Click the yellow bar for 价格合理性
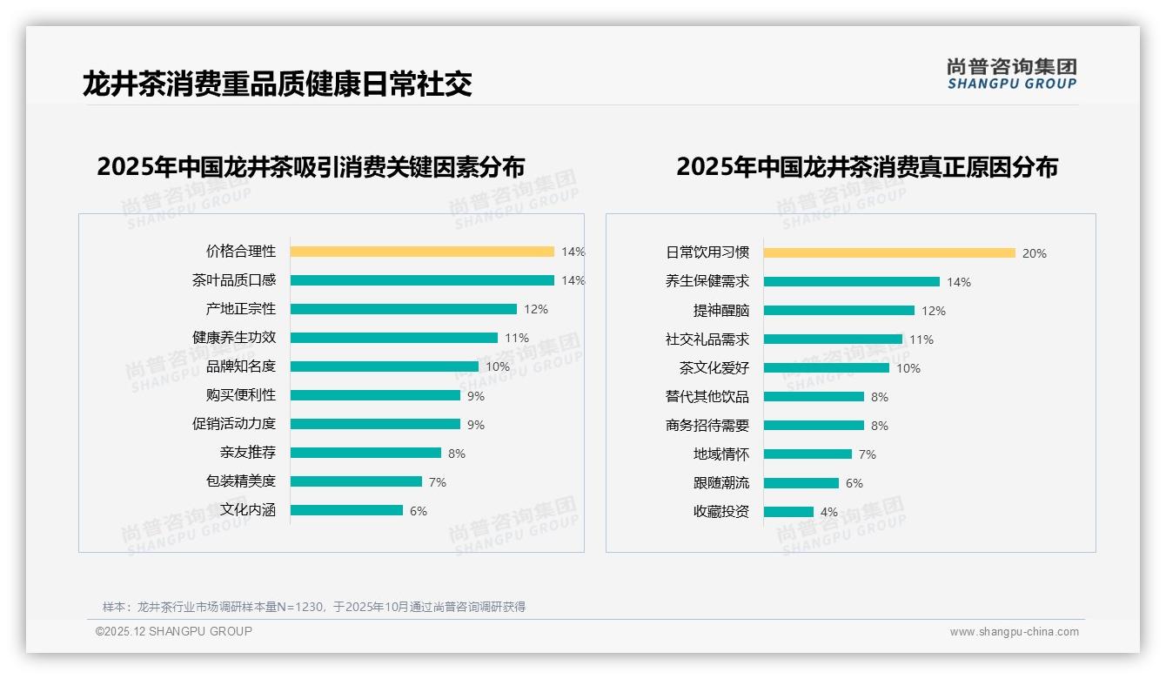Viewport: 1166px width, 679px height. pos(422,252)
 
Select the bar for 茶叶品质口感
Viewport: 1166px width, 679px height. pos(422,280)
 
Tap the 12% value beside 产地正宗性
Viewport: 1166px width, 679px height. pos(535,309)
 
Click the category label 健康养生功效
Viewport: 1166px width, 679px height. pos(234,338)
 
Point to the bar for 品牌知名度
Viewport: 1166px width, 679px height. pos(384,366)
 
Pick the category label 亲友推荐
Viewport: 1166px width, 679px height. pos(248,453)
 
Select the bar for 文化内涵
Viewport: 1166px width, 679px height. pos(346,510)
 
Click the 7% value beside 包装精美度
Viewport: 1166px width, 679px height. pos(437,482)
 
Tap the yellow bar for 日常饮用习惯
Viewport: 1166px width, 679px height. pos(889,253)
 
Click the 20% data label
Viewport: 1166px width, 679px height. pos(1034,253)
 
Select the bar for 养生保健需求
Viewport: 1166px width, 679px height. pos(852,282)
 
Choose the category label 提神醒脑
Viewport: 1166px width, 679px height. pos(721,311)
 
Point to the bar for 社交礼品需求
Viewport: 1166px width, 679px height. pos(833,339)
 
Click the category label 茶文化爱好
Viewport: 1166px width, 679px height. pos(714,368)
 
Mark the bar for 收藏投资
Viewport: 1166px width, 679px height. pos(788,512)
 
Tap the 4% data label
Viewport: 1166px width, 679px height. pos(828,512)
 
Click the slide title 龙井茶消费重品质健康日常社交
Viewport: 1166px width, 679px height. pos(278,84)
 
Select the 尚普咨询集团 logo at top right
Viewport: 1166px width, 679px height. pos(1011,74)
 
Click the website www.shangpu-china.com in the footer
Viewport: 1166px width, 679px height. pos(1014,632)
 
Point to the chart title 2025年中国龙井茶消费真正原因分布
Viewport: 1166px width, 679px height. pos(867,167)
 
